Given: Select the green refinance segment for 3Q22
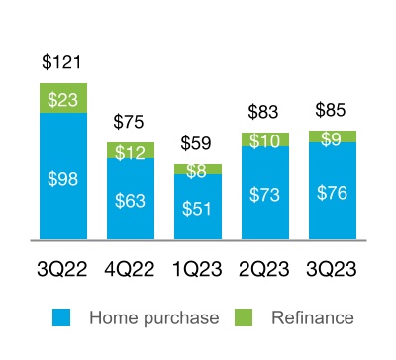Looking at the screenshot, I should pos(62,98).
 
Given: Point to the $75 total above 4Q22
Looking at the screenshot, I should pos(130,123).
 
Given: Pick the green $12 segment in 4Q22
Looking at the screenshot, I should pos(130,151).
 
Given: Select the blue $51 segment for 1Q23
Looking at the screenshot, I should pos(198,210).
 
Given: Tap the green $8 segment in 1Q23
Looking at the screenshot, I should pos(198,169).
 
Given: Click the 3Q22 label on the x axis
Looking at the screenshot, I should pos(62,270).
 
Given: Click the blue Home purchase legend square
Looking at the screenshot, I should pos(60,317).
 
